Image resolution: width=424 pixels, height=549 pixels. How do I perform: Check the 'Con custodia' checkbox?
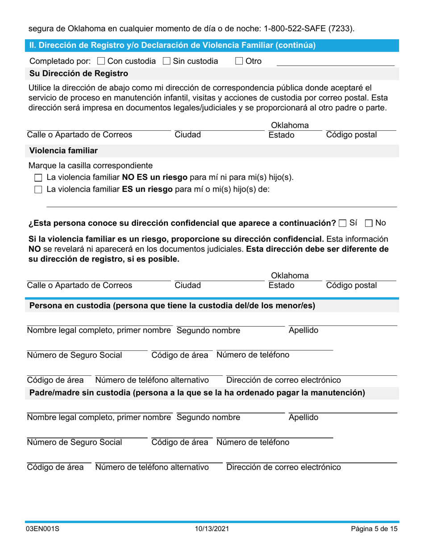101,61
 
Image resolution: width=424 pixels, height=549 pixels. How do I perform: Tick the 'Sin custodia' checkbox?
167,61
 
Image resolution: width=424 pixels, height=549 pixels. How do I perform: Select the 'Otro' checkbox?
239,61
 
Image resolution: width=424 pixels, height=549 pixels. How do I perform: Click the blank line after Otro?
335,62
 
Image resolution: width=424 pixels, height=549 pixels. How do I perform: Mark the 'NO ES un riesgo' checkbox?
38,178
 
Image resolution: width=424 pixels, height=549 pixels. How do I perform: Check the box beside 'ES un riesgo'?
38,189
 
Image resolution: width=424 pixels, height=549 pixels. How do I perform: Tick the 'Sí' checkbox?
342,223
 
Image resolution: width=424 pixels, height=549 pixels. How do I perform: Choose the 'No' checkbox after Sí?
369,223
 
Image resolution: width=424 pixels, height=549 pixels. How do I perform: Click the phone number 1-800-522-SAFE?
303,29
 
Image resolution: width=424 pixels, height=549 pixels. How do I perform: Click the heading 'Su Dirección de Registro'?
79,74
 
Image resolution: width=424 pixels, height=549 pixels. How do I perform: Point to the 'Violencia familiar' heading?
63,150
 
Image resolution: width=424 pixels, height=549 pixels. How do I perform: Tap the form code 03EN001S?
43,529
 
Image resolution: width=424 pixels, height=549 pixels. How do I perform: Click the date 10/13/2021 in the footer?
212,529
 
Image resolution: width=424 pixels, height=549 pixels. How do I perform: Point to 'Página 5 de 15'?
374,529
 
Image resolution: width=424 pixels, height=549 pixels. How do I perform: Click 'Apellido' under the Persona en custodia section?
303,330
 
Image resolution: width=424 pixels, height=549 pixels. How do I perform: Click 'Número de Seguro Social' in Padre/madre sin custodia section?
75,442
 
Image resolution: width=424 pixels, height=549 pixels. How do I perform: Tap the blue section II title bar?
212,45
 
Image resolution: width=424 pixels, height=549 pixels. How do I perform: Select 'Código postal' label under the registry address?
351,135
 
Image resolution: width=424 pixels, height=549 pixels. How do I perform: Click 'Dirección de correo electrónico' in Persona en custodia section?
283,380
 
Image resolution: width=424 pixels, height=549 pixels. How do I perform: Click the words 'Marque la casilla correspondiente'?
91,166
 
